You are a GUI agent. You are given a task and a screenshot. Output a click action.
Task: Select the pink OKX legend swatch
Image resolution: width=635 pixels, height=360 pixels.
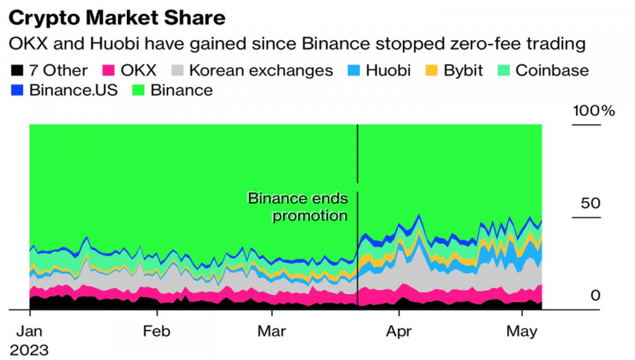(x=109, y=71)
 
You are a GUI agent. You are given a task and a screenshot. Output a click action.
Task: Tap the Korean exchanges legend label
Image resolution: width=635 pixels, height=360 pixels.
(x=260, y=71)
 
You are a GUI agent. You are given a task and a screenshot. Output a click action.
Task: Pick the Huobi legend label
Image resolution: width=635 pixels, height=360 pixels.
(x=388, y=71)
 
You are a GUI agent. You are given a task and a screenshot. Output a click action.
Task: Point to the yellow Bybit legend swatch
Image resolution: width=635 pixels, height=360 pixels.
(x=430, y=71)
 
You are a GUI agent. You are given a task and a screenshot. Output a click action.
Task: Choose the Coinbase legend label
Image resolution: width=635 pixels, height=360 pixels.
(x=552, y=71)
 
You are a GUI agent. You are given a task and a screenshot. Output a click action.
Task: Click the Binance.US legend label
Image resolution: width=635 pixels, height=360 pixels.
(x=73, y=90)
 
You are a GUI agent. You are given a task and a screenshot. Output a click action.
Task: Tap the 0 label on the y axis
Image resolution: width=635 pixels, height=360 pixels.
(x=595, y=295)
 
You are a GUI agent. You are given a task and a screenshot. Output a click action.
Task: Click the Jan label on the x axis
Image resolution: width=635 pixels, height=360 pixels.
(x=30, y=330)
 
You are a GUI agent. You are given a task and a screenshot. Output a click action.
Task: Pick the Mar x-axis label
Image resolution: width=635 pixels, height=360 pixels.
(x=272, y=330)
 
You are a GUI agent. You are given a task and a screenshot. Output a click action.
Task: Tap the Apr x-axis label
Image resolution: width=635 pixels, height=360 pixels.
(x=399, y=330)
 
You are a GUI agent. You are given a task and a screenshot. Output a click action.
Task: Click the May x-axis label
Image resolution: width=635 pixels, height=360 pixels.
(x=522, y=330)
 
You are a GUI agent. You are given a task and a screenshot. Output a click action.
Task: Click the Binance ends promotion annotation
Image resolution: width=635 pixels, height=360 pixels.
(x=298, y=207)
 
